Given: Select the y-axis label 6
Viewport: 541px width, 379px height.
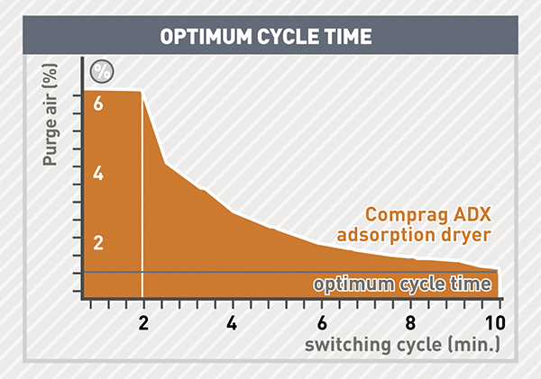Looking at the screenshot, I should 99,104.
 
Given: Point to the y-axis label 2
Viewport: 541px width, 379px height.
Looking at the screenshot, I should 99,244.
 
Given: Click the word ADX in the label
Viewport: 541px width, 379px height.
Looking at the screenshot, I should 471,215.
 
